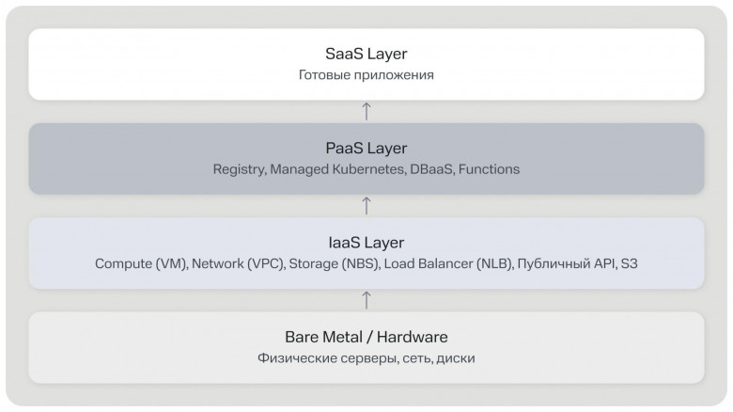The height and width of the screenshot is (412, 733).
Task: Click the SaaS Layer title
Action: (366, 54)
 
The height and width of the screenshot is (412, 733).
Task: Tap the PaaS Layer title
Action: (366, 149)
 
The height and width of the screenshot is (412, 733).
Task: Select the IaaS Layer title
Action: (366, 243)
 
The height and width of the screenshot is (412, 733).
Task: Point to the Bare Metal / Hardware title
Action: (366, 337)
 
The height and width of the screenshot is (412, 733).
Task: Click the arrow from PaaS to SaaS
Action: (366, 111)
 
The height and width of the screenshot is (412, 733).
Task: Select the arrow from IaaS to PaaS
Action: (366, 206)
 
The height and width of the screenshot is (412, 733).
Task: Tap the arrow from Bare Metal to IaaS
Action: (366, 301)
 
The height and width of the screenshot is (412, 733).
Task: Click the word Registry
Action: (240, 169)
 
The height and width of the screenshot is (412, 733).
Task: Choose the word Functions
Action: (489, 169)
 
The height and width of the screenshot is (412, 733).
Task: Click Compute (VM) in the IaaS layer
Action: (142, 264)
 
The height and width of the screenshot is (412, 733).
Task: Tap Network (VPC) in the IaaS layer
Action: (239, 264)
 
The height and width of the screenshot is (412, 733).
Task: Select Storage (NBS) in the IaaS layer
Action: (335, 264)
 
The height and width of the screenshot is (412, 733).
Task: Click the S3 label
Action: (629, 263)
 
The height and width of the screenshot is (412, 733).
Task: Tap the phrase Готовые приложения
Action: (366, 75)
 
